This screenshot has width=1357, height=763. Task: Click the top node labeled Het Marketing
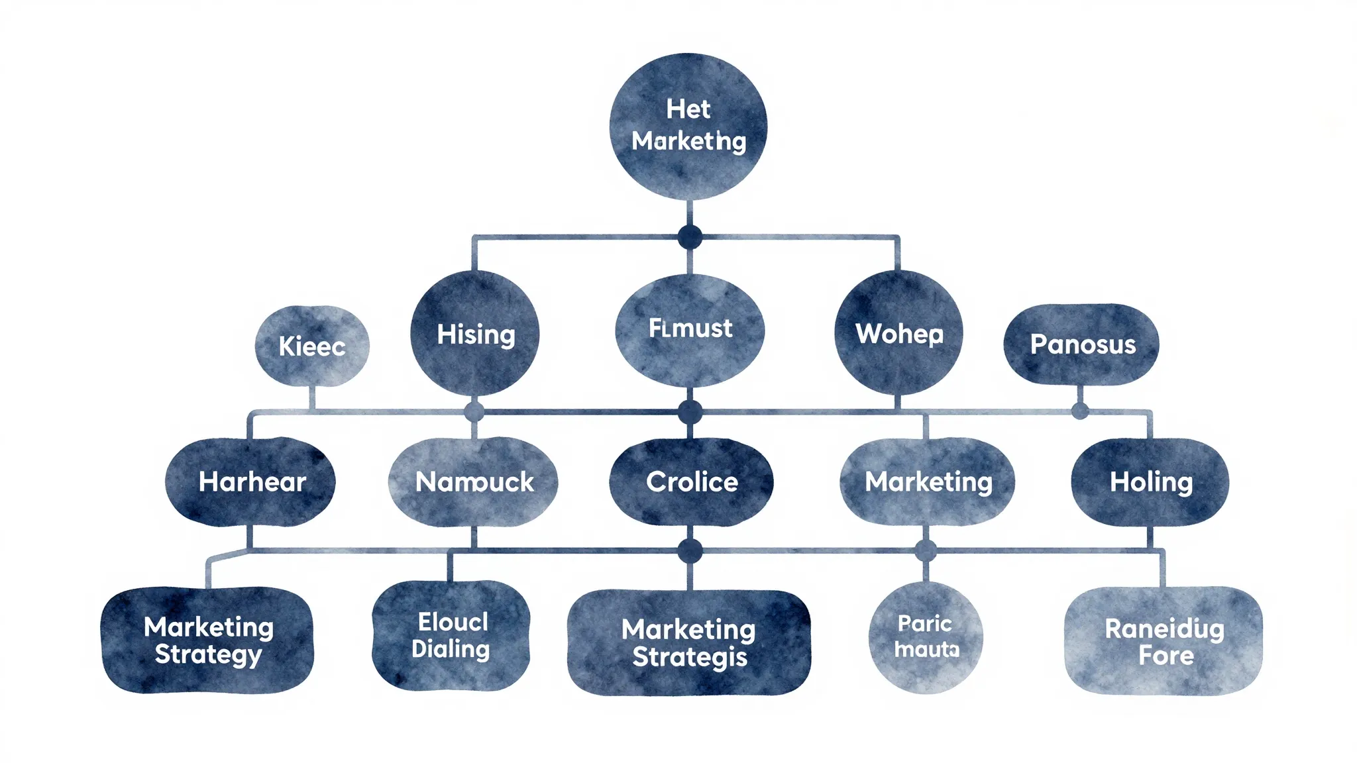tap(688, 126)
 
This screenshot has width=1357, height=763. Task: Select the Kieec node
tap(312, 346)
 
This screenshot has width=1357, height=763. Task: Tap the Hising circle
tap(475, 334)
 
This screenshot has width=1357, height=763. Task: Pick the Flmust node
tap(690, 329)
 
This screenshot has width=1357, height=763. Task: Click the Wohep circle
tap(898, 333)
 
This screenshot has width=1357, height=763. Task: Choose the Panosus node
tap(1081, 344)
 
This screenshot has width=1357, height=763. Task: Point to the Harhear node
tap(250, 482)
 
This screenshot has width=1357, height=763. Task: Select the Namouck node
tap(473, 482)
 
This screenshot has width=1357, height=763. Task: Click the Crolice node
tap(691, 482)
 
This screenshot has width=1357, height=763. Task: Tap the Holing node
tap(1150, 482)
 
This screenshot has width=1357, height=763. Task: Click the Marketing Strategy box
tap(207, 640)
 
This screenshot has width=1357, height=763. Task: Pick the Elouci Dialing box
tap(451, 635)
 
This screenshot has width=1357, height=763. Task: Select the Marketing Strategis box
tap(689, 642)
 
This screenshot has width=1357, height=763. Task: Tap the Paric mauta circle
tap(926, 636)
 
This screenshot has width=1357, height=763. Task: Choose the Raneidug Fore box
tap(1164, 640)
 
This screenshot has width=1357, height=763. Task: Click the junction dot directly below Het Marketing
tap(690, 237)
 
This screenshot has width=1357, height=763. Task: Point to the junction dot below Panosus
tap(1080, 411)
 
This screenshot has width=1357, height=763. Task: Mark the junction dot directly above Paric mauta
tap(926, 550)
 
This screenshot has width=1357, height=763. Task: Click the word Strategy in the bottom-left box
tap(208, 654)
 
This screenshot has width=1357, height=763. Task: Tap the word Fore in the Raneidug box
tap(1166, 656)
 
